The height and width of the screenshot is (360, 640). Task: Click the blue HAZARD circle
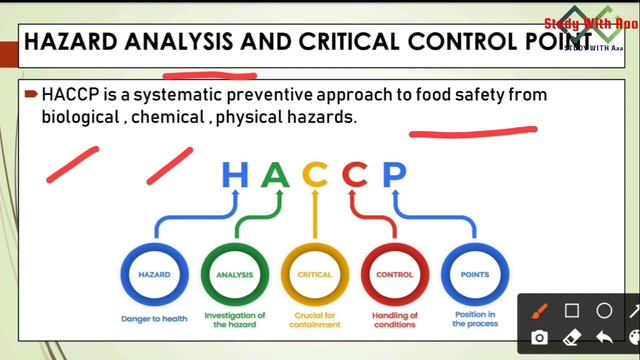[x=154, y=274]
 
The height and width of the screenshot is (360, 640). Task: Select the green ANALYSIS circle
[x=235, y=274]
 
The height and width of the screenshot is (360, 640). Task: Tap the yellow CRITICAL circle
[x=314, y=274]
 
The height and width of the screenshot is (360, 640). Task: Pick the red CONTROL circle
[x=394, y=274]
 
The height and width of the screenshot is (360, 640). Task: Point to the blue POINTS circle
[x=474, y=274]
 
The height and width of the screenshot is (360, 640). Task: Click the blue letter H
[x=235, y=175]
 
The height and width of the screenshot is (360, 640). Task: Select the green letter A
[x=275, y=175]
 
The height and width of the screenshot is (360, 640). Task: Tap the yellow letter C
[x=315, y=175]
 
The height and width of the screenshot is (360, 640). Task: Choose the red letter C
[x=355, y=175]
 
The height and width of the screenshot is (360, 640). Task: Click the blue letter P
[x=394, y=175]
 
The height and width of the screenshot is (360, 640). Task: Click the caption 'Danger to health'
[x=154, y=320]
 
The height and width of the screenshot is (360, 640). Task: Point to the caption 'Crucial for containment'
[x=314, y=320]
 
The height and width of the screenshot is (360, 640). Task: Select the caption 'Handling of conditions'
[x=394, y=320]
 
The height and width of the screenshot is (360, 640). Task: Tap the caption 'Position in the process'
[x=474, y=320]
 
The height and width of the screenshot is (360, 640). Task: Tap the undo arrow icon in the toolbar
[x=604, y=338]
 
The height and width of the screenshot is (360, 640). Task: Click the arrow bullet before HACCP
[x=32, y=94]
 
